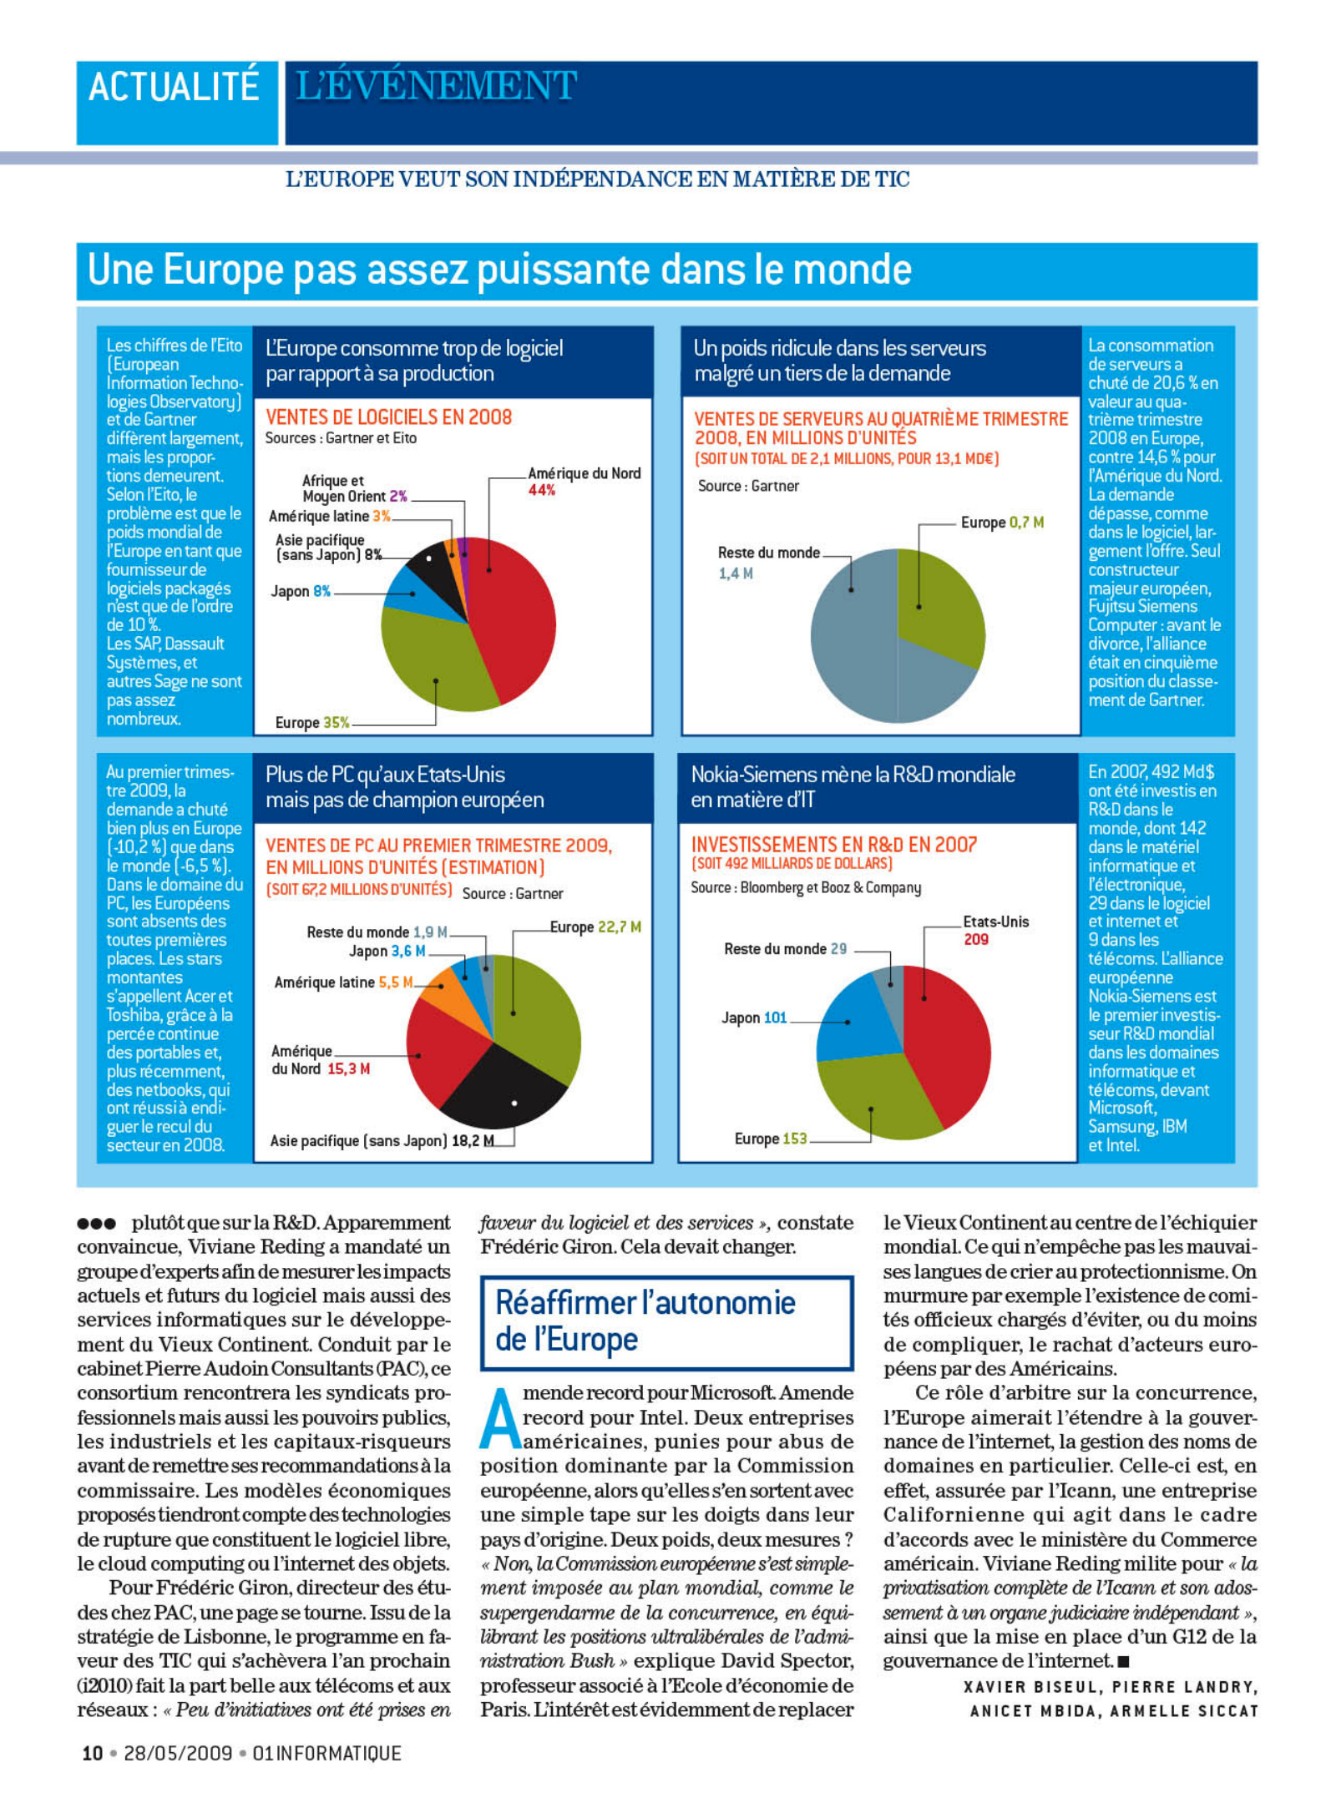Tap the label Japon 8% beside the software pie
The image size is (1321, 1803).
click(301, 592)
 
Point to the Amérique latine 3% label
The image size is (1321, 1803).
click(330, 517)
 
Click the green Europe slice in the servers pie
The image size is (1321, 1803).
click(939, 605)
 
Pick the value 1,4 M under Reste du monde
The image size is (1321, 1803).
click(736, 573)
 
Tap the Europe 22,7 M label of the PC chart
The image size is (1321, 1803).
click(595, 927)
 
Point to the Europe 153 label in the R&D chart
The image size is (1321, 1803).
click(771, 1139)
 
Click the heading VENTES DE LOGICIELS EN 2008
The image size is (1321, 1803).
click(388, 417)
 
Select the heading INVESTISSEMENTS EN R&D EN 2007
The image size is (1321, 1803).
click(833, 845)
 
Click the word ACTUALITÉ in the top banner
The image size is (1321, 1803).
click(174, 87)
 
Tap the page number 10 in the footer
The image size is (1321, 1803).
click(92, 1754)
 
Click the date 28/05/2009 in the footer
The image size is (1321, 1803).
click(178, 1754)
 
